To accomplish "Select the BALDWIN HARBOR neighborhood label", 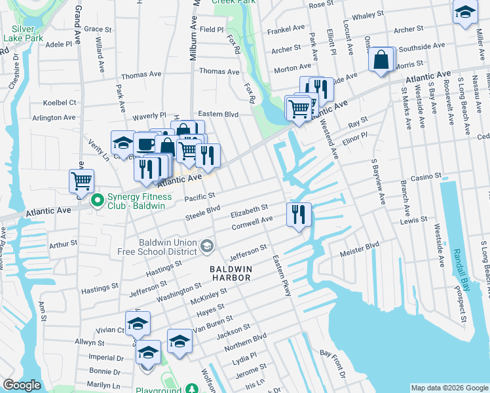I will click(230, 273).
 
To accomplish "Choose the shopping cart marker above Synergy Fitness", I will click(81, 181).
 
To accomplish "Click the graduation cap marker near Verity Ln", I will click(122, 143).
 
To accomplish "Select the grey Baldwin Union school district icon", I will click(207, 246).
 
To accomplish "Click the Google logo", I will click(22, 385).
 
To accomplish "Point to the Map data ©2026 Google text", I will click(449, 388).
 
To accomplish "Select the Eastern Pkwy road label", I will click(282, 276).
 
